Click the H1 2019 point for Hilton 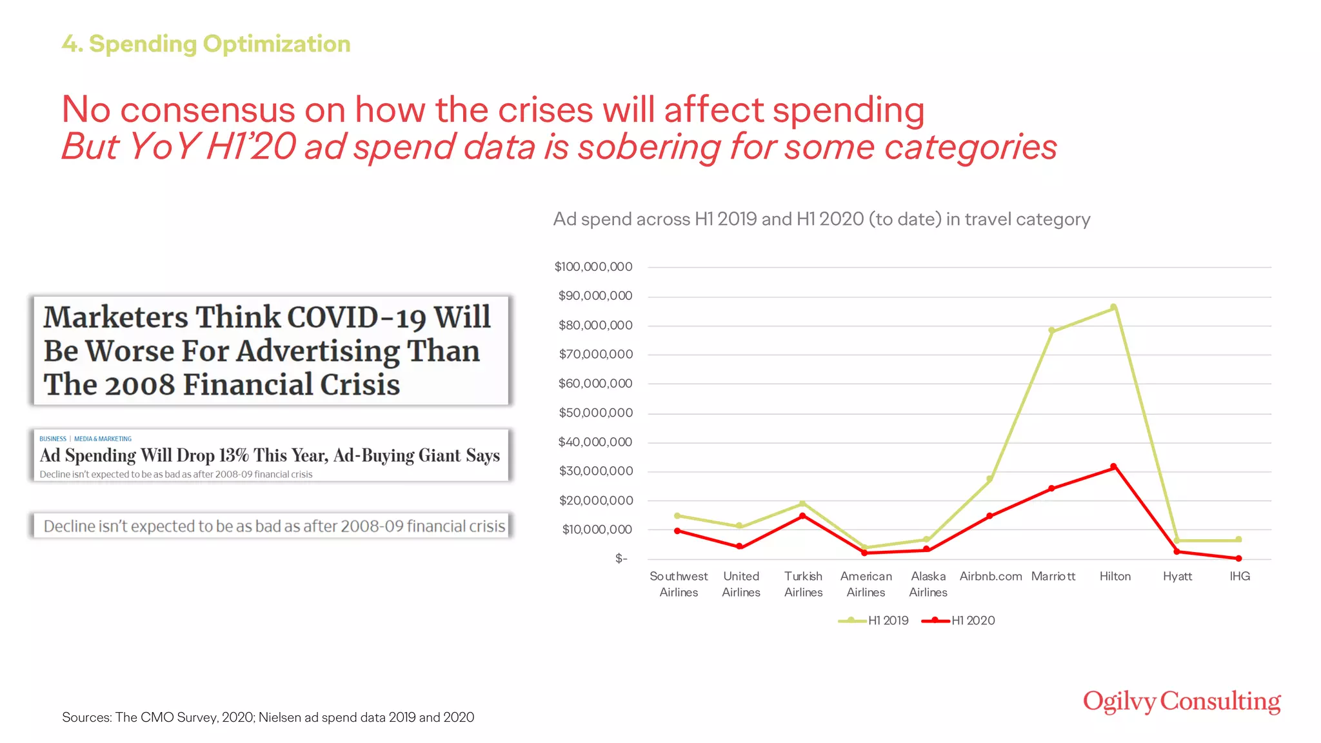click(x=1113, y=308)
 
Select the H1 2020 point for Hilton click(x=1113, y=466)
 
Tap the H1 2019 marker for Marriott click(x=1051, y=331)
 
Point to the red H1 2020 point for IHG click(x=1238, y=559)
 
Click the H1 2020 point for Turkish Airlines click(x=802, y=516)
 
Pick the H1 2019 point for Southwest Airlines click(x=677, y=516)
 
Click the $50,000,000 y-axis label click(x=595, y=413)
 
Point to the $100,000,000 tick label click(x=593, y=266)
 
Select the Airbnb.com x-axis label click(x=991, y=576)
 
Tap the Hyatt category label click(x=1177, y=576)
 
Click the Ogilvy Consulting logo click(x=1182, y=702)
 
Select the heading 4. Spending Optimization click(x=206, y=44)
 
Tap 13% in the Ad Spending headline click(x=233, y=455)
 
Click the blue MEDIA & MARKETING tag click(x=103, y=439)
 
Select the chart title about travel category click(x=821, y=219)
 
